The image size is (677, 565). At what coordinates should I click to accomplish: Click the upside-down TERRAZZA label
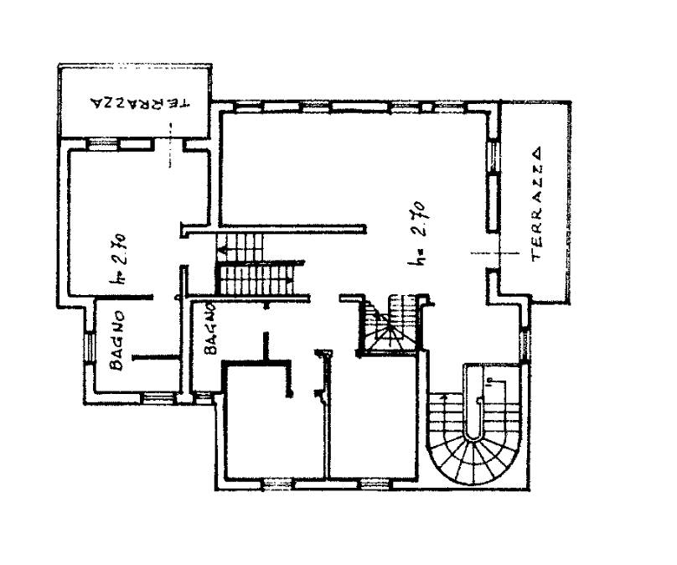click(140, 103)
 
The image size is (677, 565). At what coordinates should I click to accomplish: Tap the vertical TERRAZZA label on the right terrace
click(538, 204)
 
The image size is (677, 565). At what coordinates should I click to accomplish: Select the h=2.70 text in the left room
click(118, 259)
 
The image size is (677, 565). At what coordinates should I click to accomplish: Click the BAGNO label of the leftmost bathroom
click(117, 341)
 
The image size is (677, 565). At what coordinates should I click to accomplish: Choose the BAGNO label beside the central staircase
click(210, 329)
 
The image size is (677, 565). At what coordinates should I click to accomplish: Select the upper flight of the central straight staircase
click(239, 247)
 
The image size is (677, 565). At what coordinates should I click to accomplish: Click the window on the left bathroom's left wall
click(90, 347)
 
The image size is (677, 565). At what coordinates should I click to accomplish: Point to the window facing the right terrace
click(493, 157)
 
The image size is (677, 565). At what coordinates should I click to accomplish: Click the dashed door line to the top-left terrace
click(170, 145)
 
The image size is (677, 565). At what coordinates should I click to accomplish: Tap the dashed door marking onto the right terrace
click(494, 252)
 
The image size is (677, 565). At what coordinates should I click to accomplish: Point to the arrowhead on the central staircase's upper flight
click(222, 251)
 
